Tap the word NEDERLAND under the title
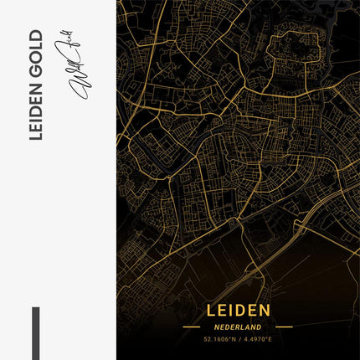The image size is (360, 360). [x=238, y=327]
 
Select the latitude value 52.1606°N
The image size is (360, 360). [x=219, y=340]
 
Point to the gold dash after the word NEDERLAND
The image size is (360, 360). [x=284, y=327]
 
